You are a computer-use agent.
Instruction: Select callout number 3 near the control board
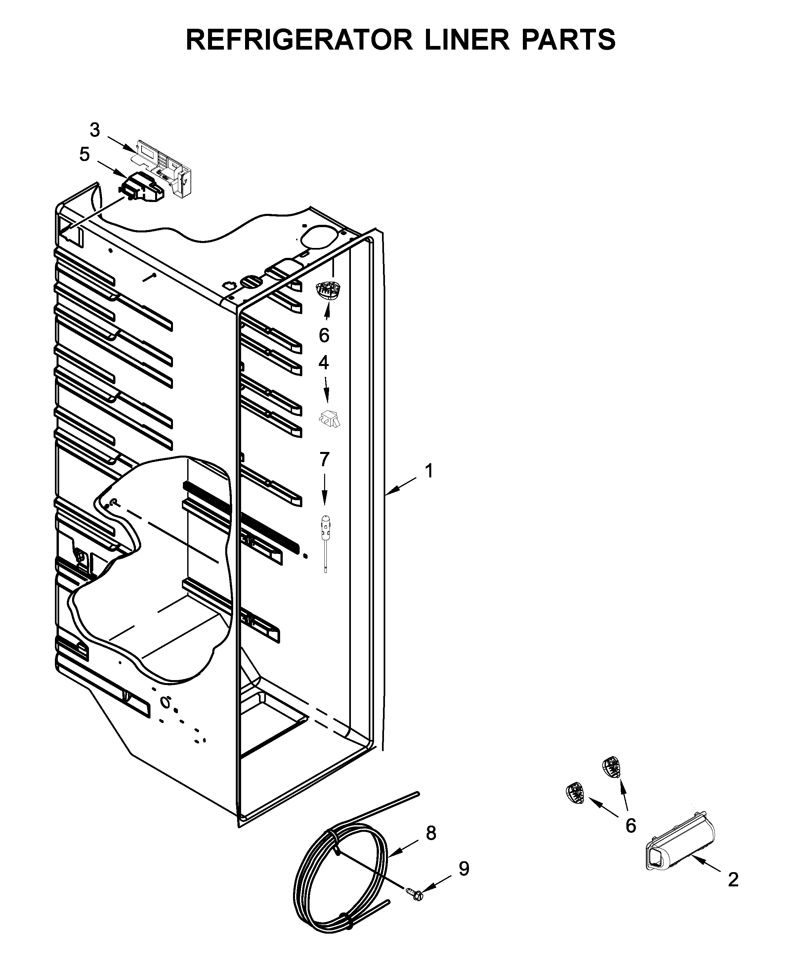pos(95,130)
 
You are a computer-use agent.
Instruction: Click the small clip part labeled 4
pos(329,418)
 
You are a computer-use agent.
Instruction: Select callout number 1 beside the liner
pos(429,471)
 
